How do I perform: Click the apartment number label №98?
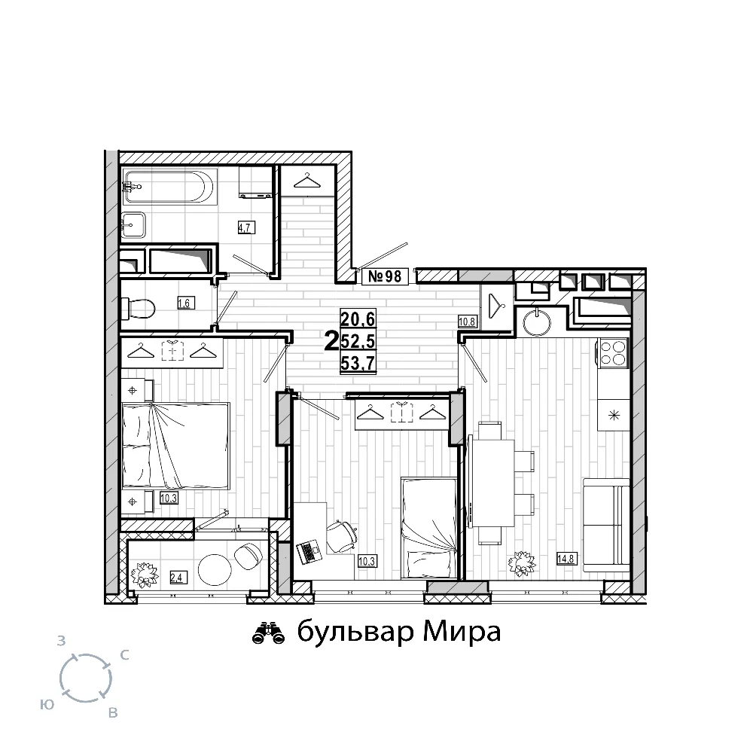pos(385,276)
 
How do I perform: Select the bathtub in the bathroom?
pos(169,186)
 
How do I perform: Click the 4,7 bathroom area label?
pos(246,227)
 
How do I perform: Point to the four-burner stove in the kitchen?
pos(612,353)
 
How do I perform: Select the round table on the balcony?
pos(215,569)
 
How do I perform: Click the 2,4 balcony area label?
pos(177,578)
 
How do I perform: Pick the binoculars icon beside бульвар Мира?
pos(269,633)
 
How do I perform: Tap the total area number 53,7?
pos(358,364)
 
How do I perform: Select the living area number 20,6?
pos(358,318)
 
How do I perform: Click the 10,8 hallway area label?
pos(467,322)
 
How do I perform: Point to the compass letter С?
pos(124,655)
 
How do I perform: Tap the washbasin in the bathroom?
pos(134,224)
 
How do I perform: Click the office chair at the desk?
pos(343,536)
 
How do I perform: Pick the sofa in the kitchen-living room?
pos(606,525)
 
